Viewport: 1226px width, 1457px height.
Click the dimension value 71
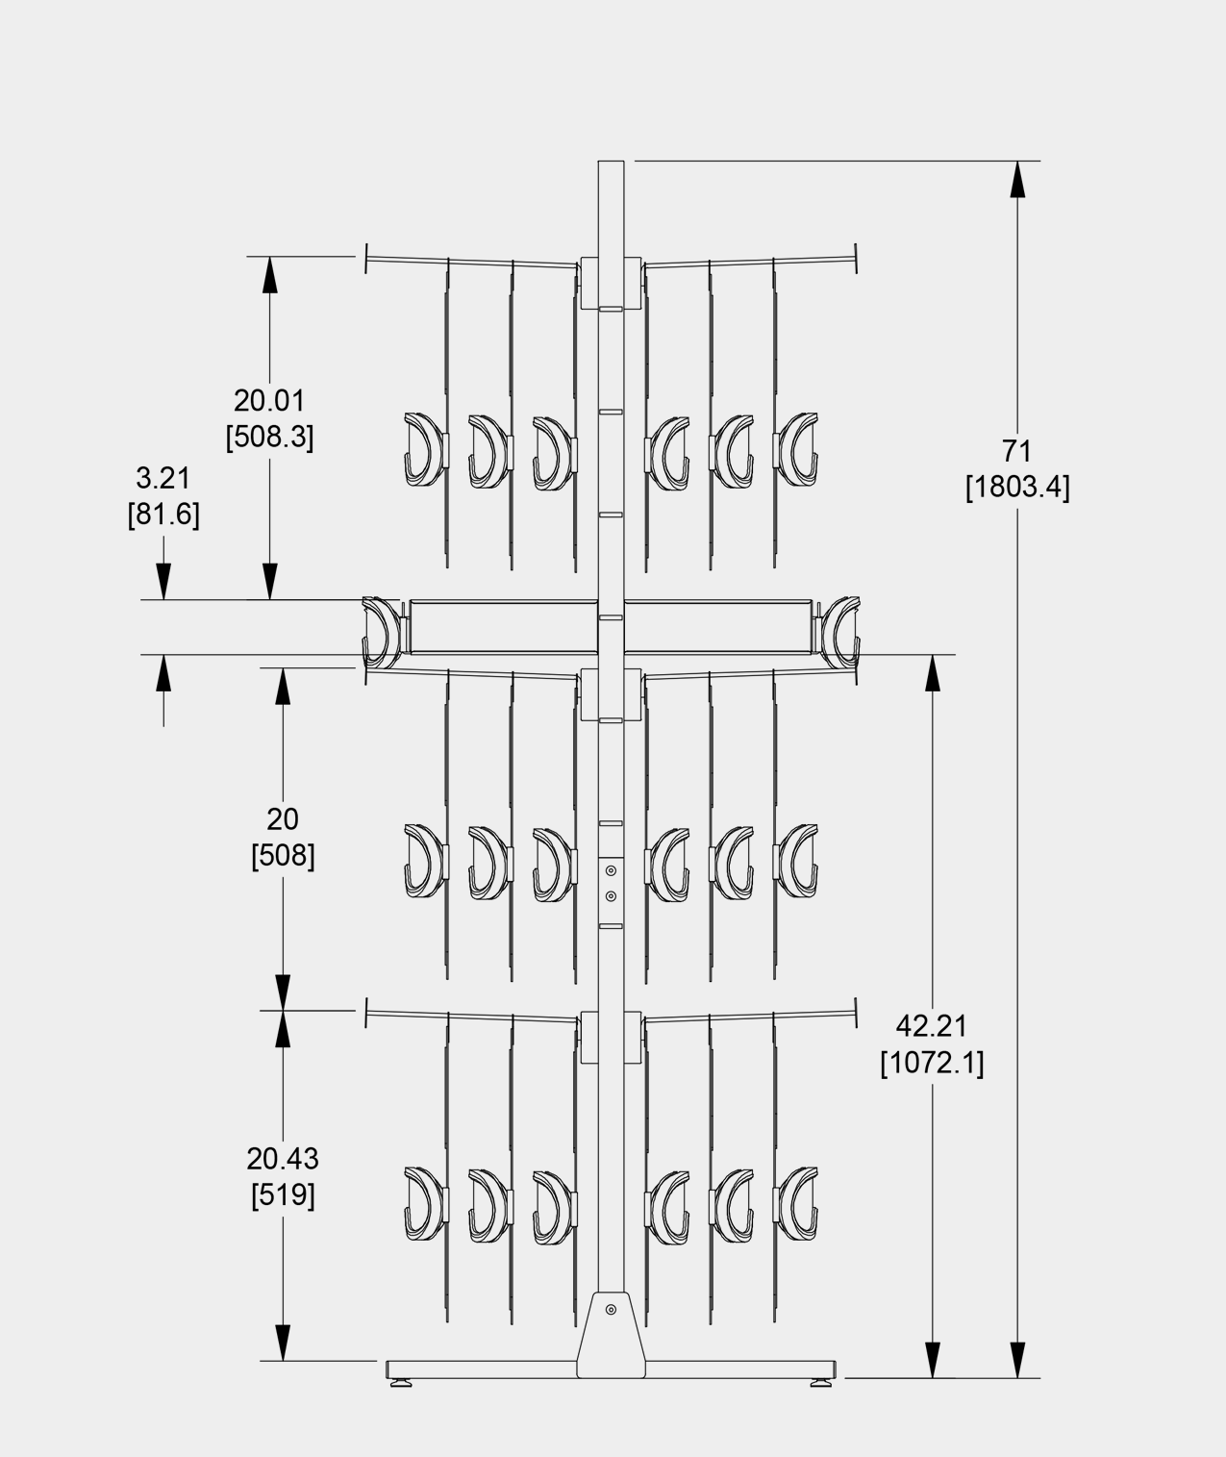click(1016, 451)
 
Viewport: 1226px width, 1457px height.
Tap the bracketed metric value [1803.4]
click(1017, 487)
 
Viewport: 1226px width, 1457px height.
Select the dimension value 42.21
click(932, 1026)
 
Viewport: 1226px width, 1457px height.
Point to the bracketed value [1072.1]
click(932, 1063)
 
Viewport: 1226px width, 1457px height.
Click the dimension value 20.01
click(269, 400)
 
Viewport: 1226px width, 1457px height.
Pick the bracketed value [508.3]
click(269, 437)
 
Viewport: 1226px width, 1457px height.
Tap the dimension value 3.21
click(163, 478)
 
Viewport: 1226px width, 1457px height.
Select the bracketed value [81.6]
click(163, 515)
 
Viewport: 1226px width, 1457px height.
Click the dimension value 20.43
click(283, 1158)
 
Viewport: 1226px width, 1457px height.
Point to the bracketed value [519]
click(283, 1194)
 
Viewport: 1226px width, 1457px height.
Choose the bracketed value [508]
click(283, 856)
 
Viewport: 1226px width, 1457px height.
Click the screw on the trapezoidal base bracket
click(611, 1310)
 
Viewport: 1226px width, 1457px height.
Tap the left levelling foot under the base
click(401, 1382)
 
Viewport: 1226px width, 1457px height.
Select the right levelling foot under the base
click(820, 1382)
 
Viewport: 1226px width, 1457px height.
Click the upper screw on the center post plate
click(611, 870)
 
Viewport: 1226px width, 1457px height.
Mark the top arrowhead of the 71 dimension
click(1017, 179)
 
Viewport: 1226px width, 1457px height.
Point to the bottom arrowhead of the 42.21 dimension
click(932, 1360)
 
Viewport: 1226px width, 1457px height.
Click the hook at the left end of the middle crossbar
click(381, 633)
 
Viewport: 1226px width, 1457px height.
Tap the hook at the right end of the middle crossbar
click(840, 633)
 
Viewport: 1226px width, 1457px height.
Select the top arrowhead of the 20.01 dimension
click(269, 275)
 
